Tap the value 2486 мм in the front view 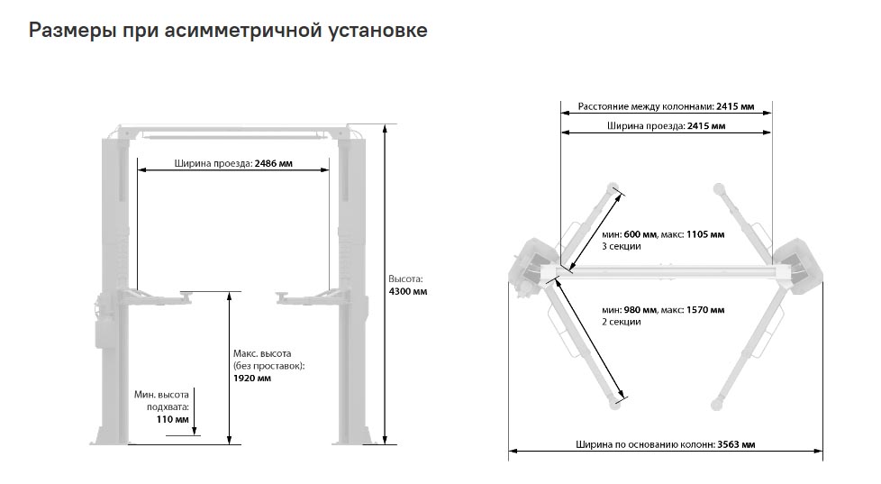coord(274,163)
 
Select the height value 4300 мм coord(408,292)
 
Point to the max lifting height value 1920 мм coord(252,379)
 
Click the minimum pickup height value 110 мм coord(172,419)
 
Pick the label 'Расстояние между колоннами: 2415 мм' coord(666,106)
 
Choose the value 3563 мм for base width coord(736,444)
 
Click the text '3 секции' coord(622,246)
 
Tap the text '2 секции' coord(622,322)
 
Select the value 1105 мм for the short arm coord(705,234)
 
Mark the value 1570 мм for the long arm coord(705,310)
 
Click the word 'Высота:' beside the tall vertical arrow coord(405,279)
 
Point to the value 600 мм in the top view coord(640,234)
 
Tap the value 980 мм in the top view coord(640,310)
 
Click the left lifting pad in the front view coord(186,294)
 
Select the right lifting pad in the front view coord(282,294)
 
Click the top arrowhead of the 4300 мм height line coord(385,129)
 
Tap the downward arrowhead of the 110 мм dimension coord(195,431)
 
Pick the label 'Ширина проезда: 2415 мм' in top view coord(666,126)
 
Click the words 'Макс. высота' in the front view coord(262,353)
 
